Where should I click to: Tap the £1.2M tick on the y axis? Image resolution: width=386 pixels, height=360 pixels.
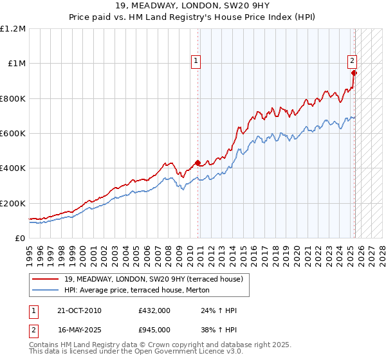point(13,29)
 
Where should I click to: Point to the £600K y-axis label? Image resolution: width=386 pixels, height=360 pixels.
point(13,134)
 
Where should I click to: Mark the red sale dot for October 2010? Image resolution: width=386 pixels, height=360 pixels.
point(198,163)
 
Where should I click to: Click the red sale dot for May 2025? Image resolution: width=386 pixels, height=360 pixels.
point(354,73)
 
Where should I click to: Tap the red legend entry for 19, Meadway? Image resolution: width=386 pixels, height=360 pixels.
point(153,279)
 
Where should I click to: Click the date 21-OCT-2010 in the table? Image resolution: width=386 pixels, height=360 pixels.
point(79,310)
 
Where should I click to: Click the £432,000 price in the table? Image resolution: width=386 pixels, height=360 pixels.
point(154,310)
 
